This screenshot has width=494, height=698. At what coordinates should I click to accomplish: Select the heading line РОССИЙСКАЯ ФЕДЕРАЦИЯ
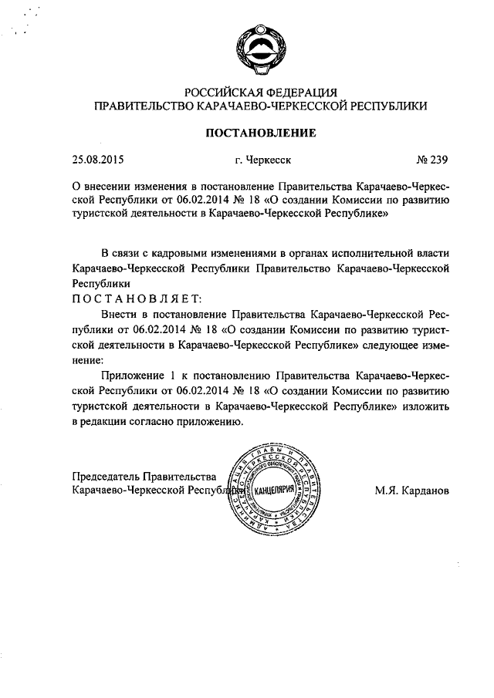pyautogui.click(x=259, y=93)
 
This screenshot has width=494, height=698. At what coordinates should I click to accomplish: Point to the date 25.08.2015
pyautogui.click(x=98, y=160)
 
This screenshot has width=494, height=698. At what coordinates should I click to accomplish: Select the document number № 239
pyautogui.click(x=432, y=160)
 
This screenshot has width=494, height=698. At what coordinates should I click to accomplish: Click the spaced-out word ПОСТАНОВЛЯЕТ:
pyautogui.click(x=136, y=298)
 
